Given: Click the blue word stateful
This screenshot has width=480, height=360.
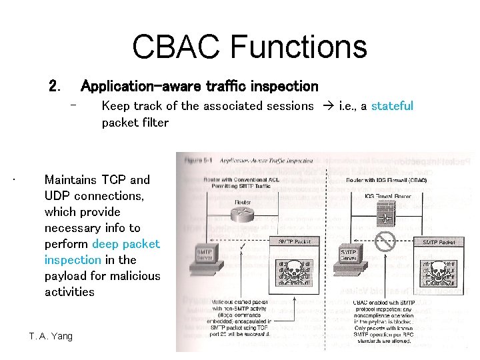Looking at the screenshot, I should [x=392, y=106].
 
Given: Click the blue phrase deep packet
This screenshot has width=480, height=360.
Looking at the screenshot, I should [x=126, y=244].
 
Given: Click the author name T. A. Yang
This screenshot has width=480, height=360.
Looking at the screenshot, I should [x=51, y=336].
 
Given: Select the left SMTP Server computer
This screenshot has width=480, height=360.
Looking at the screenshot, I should [x=207, y=257].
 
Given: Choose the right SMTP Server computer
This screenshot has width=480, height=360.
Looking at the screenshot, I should [x=351, y=257].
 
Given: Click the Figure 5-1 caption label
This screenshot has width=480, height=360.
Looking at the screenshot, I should [x=198, y=160].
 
